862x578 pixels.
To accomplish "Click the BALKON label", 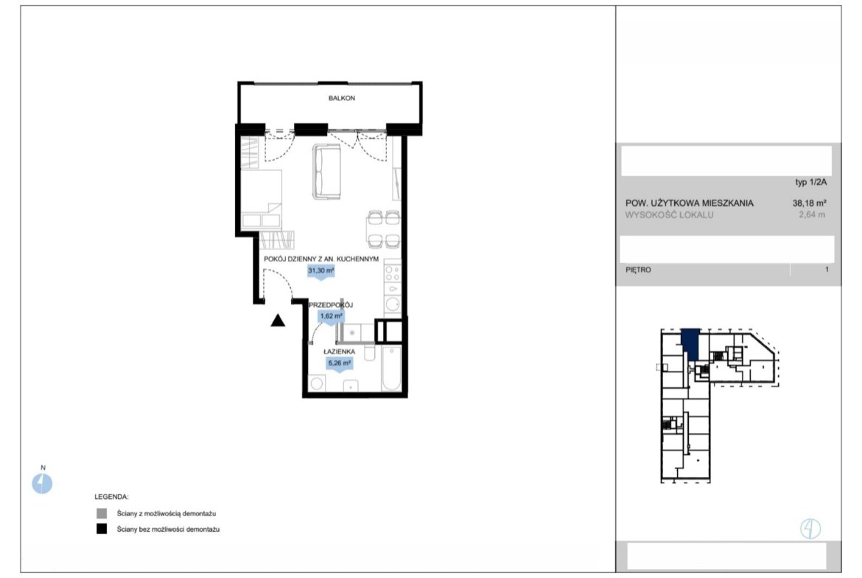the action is tap(341, 99).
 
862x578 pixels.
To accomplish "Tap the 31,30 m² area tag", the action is tap(321, 272).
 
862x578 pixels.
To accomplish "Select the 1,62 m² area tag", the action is tap(331, 317).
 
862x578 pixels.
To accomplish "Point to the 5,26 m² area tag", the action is tap(339, 364).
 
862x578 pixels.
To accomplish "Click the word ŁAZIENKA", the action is tap(339, 352).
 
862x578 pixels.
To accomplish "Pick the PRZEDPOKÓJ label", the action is tap(330, 305).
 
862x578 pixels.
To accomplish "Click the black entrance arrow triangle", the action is tap(278, 320).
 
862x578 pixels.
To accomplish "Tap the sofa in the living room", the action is tap(327, 171).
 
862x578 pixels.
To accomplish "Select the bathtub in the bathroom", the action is tap(391, 368).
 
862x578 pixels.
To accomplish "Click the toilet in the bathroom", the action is tap(369, 352).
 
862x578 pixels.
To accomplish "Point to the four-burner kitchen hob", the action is tap(393, 273).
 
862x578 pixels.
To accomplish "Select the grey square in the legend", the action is tap(102, 514).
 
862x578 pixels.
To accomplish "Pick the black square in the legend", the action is tap(102, 529).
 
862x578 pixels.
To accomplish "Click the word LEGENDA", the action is tap(111, 497).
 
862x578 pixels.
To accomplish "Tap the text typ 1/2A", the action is tap(811, 183).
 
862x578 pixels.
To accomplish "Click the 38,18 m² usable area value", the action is tap(810, 202).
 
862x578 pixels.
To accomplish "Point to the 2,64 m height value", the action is tap(812, 215).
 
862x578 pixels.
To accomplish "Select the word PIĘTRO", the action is tap(638, 269).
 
